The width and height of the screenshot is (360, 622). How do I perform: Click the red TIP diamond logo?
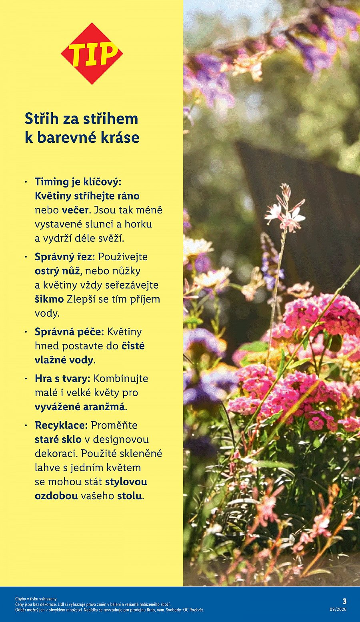click(92, 54)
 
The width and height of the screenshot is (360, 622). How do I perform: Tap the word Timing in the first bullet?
click(52, 182)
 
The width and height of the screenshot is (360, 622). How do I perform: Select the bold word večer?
click(75, 210)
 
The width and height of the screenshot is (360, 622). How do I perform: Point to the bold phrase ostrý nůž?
click(58, 271)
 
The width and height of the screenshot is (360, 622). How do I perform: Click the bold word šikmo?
click(49, 299)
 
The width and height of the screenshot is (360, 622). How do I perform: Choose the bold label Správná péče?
click(69, 332)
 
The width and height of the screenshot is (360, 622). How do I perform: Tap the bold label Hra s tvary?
click(62, 379)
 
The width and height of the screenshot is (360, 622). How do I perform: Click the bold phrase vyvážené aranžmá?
click(80, 407)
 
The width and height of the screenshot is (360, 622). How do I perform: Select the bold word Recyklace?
click(61, 425)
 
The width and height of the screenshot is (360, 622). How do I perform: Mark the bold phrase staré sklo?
click(58, 439)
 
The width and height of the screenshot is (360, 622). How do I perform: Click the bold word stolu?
click(129, 496)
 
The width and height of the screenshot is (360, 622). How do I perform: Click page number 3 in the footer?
click(344, 601)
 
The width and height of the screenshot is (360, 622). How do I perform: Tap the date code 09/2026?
click(338, 610)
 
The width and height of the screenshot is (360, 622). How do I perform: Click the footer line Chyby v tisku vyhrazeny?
click(36, 599)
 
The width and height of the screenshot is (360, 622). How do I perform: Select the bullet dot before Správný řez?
click(26, 257)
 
